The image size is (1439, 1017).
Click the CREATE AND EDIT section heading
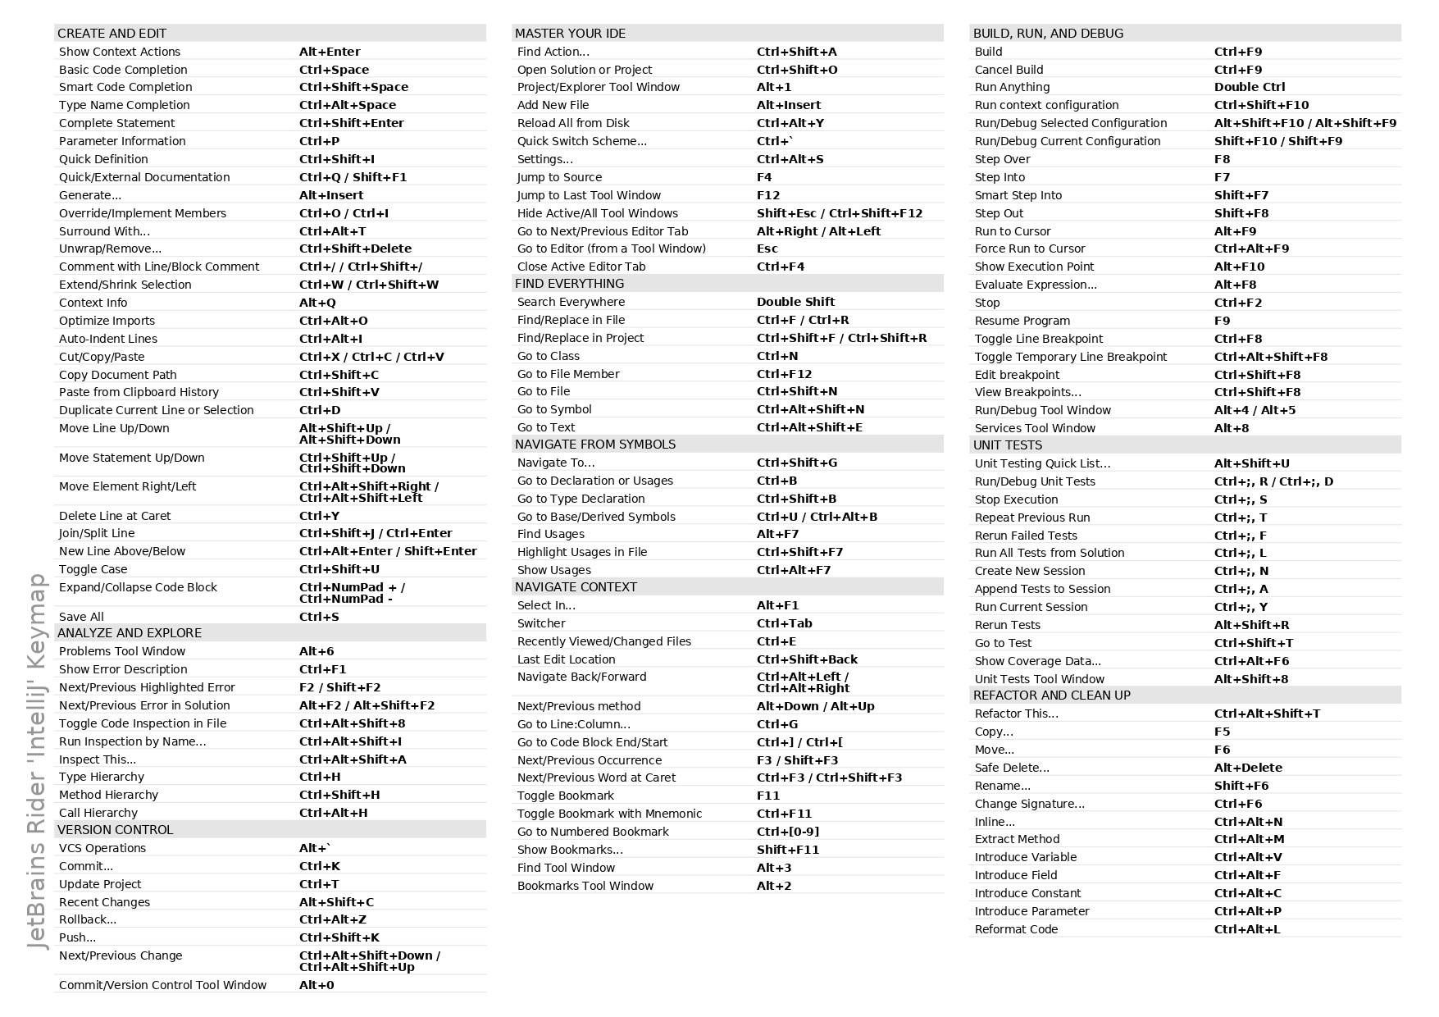(112, 34)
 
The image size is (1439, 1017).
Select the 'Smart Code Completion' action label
(125, 87)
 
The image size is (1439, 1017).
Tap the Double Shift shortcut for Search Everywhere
(795, 302)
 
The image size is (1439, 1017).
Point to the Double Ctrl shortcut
(1249, 87)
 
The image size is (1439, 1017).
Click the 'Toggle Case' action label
(93, 569)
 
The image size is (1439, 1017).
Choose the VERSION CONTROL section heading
(115, 830)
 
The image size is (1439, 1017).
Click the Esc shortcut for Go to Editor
(767, 249)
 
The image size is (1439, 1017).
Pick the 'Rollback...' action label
(88, 919)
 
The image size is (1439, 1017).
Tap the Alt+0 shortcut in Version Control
(316, 985)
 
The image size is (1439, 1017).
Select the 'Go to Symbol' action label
(554, 409)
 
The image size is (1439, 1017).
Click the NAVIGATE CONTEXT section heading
(576, 587)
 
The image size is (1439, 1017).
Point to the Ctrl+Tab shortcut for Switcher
(784, 623)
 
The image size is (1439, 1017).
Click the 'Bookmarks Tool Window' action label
(585, 886)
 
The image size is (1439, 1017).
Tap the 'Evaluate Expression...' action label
(1036, 285)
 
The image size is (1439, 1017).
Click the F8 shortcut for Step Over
(1222, 159)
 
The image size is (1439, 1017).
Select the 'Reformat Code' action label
(1016, 929)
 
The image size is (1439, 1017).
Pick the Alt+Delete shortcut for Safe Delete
(1248, 768)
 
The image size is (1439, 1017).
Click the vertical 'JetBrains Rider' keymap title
(38, 762)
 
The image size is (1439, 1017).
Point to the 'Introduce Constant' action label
(1027, 893)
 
